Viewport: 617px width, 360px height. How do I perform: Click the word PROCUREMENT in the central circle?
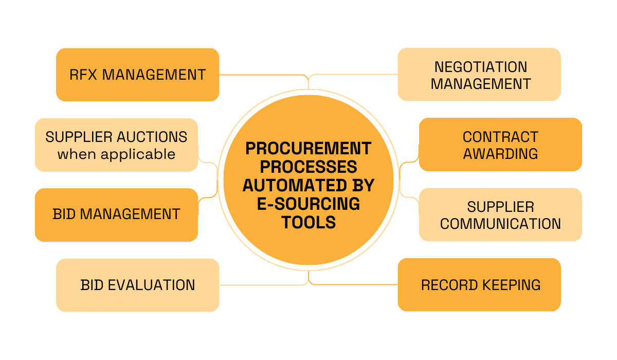coord(308,148)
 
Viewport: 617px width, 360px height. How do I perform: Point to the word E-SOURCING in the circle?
coord(308,204)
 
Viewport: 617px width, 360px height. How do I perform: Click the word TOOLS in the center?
coord(308,222)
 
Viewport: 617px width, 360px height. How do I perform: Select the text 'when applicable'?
coord(116,154)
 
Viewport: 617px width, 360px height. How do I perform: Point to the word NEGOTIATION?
coord(480,67)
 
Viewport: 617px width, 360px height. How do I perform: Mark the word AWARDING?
coord(500,153)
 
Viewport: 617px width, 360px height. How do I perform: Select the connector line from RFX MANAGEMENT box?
coord(262,75)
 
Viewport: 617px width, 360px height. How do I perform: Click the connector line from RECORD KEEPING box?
coord(355,284)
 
